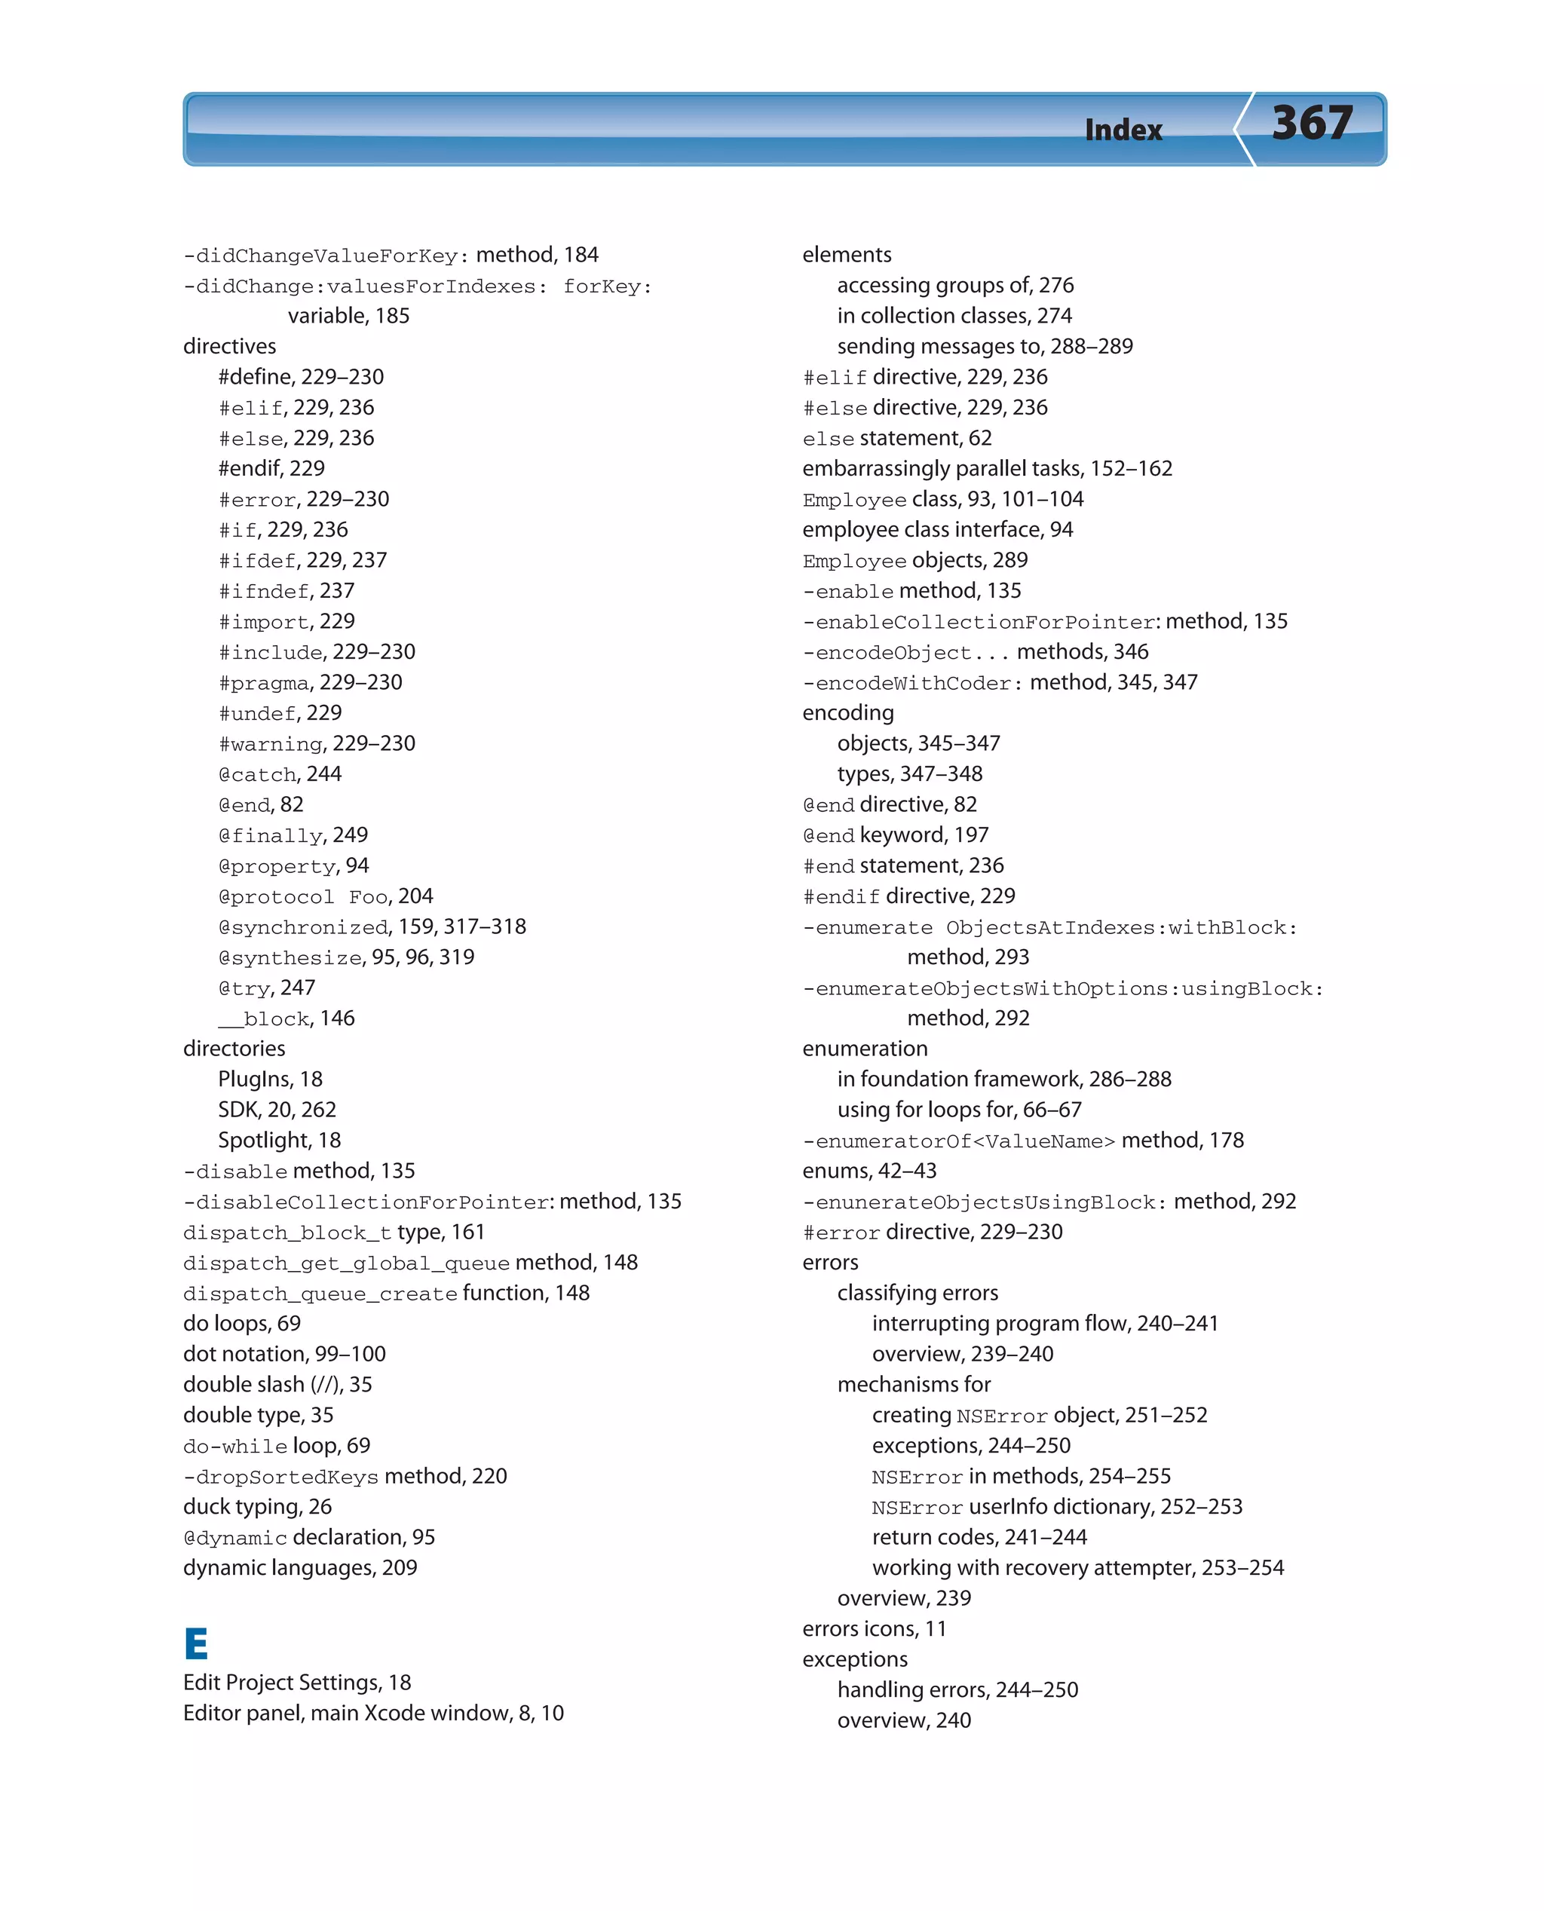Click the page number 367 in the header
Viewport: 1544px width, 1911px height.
click(1312, 124)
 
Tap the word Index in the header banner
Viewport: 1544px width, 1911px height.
click(1123, 130)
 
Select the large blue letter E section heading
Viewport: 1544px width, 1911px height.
click(196, 1643)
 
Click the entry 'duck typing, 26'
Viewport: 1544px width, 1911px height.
click(257, 1507)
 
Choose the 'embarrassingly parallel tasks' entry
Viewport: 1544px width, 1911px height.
click(986, 469)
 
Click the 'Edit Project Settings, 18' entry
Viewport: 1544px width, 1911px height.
click(297, 1683)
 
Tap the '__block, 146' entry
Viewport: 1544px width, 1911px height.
click(286, 1019)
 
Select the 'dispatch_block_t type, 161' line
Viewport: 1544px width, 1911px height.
click(333, 1233)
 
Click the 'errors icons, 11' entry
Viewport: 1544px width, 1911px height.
click(875, 1629)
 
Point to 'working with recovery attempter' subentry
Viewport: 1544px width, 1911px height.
click(1077, 1568)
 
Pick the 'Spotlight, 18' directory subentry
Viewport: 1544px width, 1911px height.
click(279, 1141)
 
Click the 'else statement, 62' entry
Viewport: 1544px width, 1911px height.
click(896, 439)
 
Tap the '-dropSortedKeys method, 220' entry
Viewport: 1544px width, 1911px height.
click(345, 1477)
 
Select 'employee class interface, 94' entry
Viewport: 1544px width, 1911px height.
click(937, 530)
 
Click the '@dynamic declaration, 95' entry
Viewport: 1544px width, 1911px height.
click(308, 1538)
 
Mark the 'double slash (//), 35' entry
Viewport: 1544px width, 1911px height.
click(277, 1385)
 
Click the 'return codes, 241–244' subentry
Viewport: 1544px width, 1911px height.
click(979, 1538)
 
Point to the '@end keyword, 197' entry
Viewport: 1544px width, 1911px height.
click(895, 836)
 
